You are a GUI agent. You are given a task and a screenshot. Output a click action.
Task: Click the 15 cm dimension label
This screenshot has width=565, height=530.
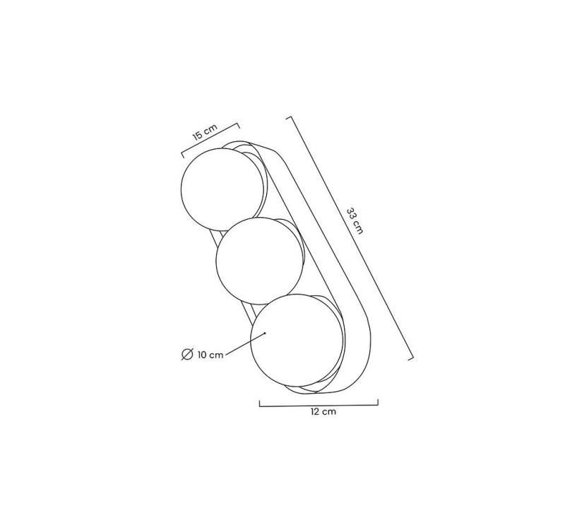tap(205, 132)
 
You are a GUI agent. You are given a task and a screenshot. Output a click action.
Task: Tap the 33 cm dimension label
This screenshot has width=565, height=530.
tap(355, 221)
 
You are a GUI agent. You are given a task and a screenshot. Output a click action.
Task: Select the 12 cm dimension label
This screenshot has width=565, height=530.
tap(323, 412)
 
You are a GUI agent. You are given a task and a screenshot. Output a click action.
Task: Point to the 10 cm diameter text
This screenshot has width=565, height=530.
tap(210, 355)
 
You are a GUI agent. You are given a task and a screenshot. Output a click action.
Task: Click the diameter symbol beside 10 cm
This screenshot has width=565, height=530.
tap(187, 355)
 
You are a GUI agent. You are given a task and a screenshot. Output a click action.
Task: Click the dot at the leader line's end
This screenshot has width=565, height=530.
tap(265, 333)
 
